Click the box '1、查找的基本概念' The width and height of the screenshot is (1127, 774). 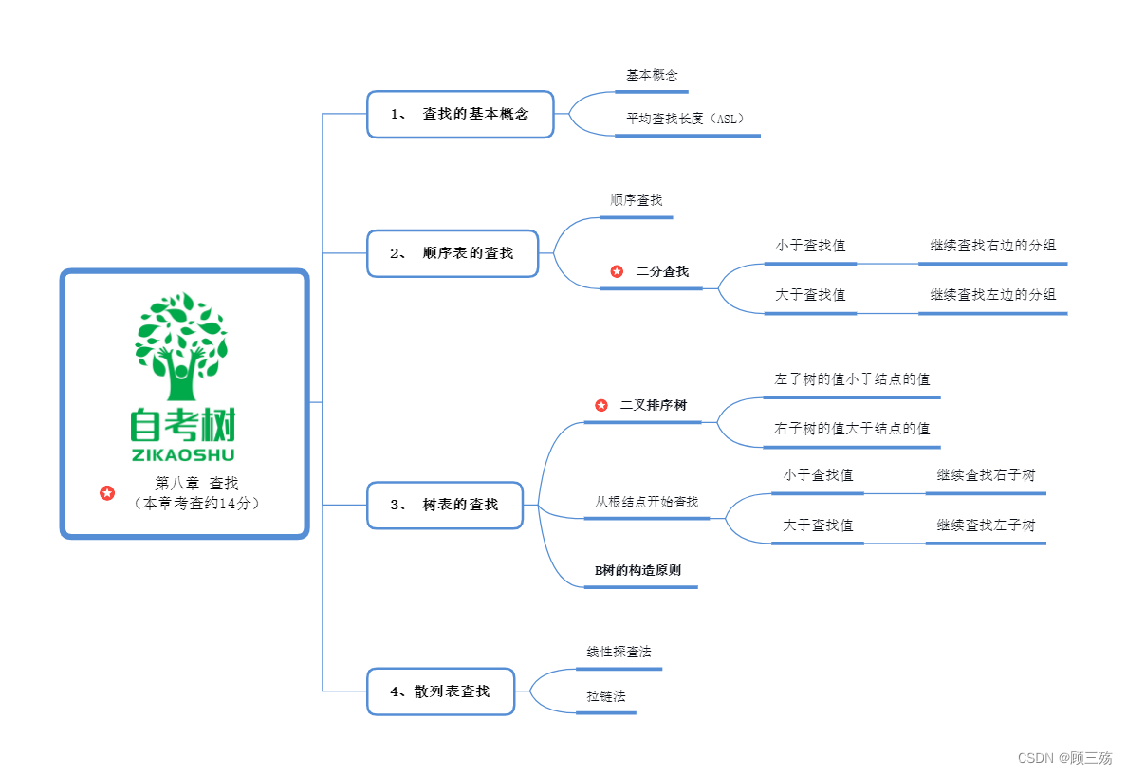pos(460,114)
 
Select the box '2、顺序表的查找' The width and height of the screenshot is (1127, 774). pos(453,253)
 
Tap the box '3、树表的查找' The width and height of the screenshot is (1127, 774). pos(445,505)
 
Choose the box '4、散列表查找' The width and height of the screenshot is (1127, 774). pos(441,691)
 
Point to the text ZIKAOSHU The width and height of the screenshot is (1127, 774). pos(183,454)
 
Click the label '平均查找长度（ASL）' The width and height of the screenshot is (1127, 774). pos(686,120)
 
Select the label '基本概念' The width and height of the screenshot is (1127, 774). pos(652,75)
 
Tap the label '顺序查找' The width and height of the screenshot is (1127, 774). pos(637,201)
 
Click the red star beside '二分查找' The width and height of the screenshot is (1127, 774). pos(617,271)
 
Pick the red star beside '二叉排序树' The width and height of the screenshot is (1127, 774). pos(601,405)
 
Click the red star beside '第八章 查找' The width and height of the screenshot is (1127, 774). pos(107,493)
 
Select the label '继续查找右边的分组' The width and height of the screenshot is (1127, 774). pos(992,246)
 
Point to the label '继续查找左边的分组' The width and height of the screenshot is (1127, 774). pos(992,295)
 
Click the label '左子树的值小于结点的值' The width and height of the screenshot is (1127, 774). pos(852,379)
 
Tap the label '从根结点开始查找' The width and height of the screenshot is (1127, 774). pos(647,502)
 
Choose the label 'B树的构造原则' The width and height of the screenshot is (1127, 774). pos(637,571)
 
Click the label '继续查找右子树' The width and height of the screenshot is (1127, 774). pos(986,475)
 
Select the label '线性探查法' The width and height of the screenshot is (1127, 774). pos(619,653)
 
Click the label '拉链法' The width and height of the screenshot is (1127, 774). pos(606,696)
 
